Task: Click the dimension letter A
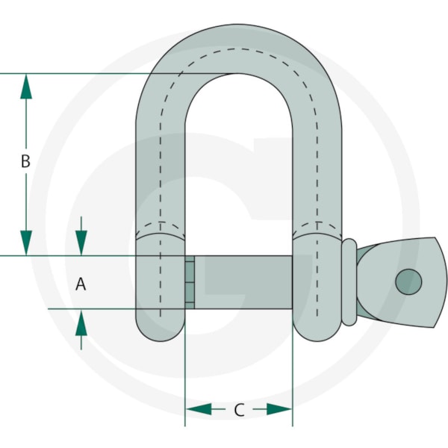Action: pos(81,284)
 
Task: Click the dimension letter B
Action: pos(25,161)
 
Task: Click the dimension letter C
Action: pos(239,410)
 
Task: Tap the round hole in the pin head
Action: pos(408,281)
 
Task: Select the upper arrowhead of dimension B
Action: pos(26,87)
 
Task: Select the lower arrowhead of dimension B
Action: pos(26,243)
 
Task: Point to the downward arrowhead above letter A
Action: pos(81,243)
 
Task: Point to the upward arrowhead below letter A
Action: pos(81,323)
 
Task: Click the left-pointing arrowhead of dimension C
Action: pos(199,409)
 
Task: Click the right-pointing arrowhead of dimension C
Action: pos(279,409)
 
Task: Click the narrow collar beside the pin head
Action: pos(349,282)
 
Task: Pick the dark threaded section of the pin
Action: pos(190,282)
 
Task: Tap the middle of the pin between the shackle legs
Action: pos(243,282)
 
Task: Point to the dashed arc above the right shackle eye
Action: pos(317,223)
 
